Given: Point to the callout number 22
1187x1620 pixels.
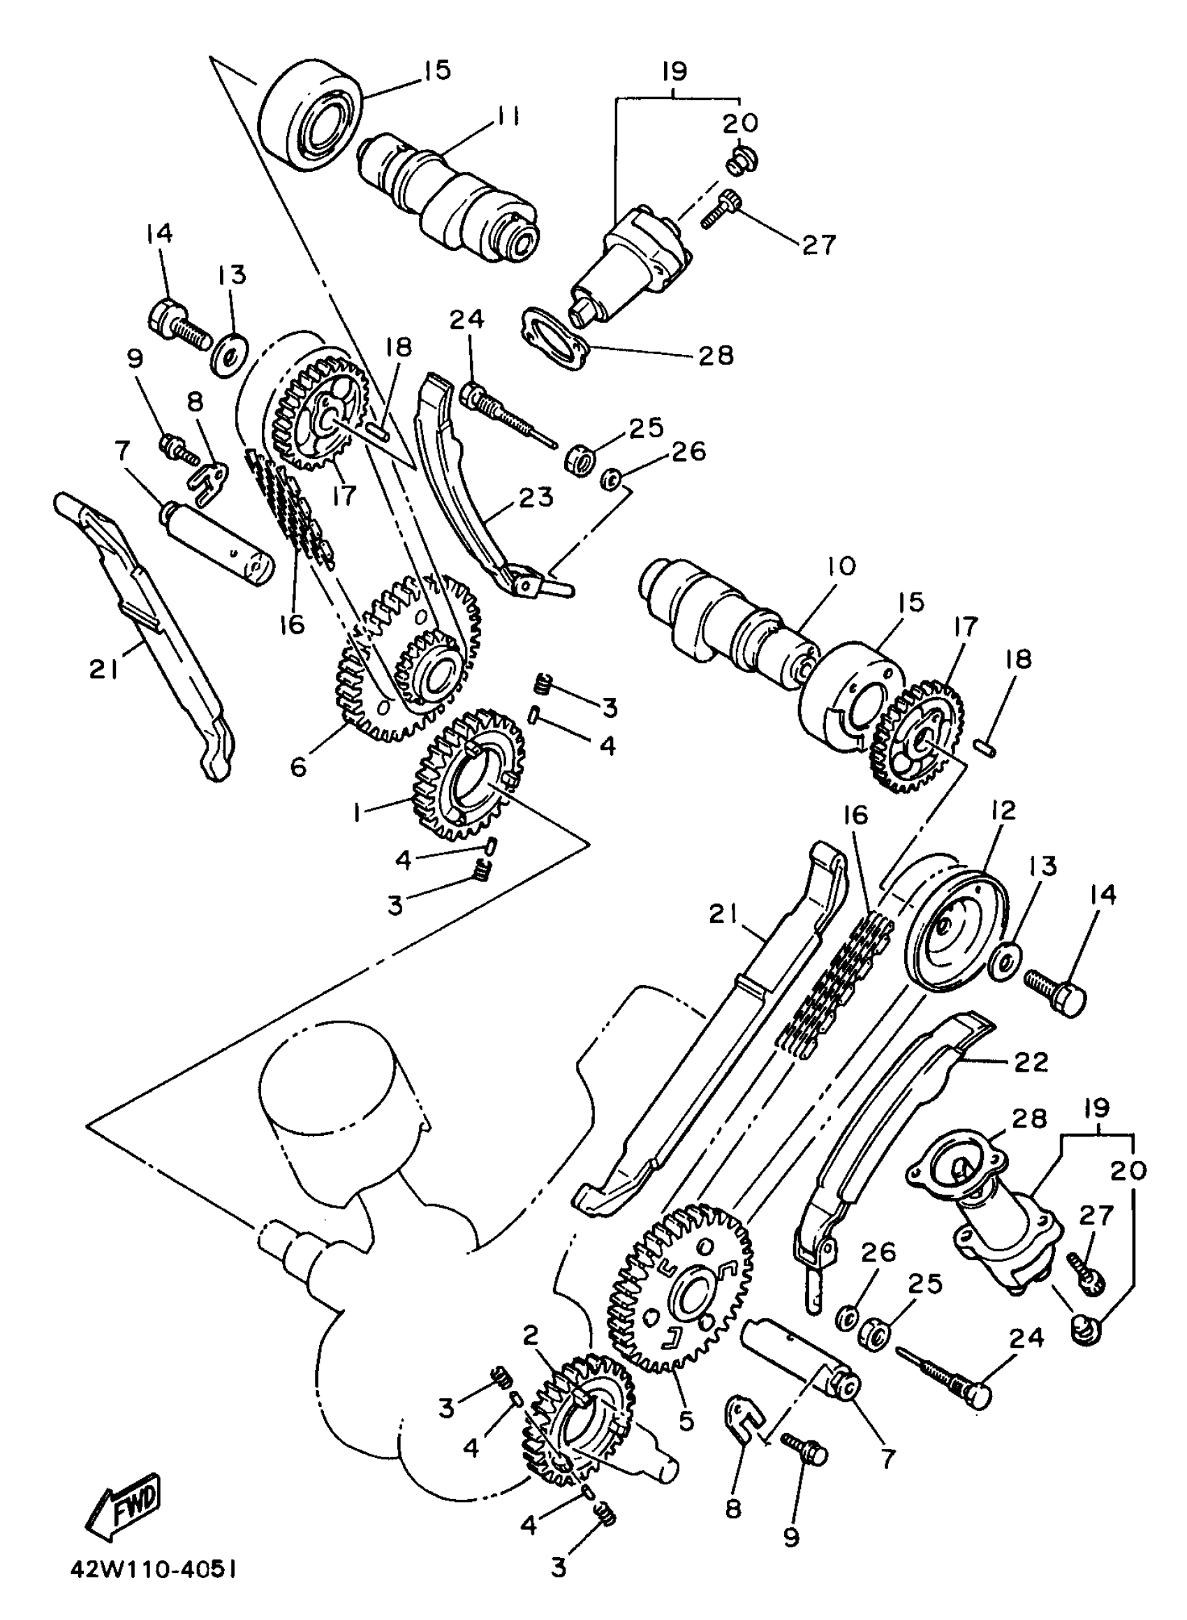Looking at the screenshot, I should pos(1030,1063).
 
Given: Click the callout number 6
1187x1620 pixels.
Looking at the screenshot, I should pos(298,766).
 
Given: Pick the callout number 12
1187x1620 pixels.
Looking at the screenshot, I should pos(1003,811).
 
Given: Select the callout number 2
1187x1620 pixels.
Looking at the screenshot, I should pos(530,1336).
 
